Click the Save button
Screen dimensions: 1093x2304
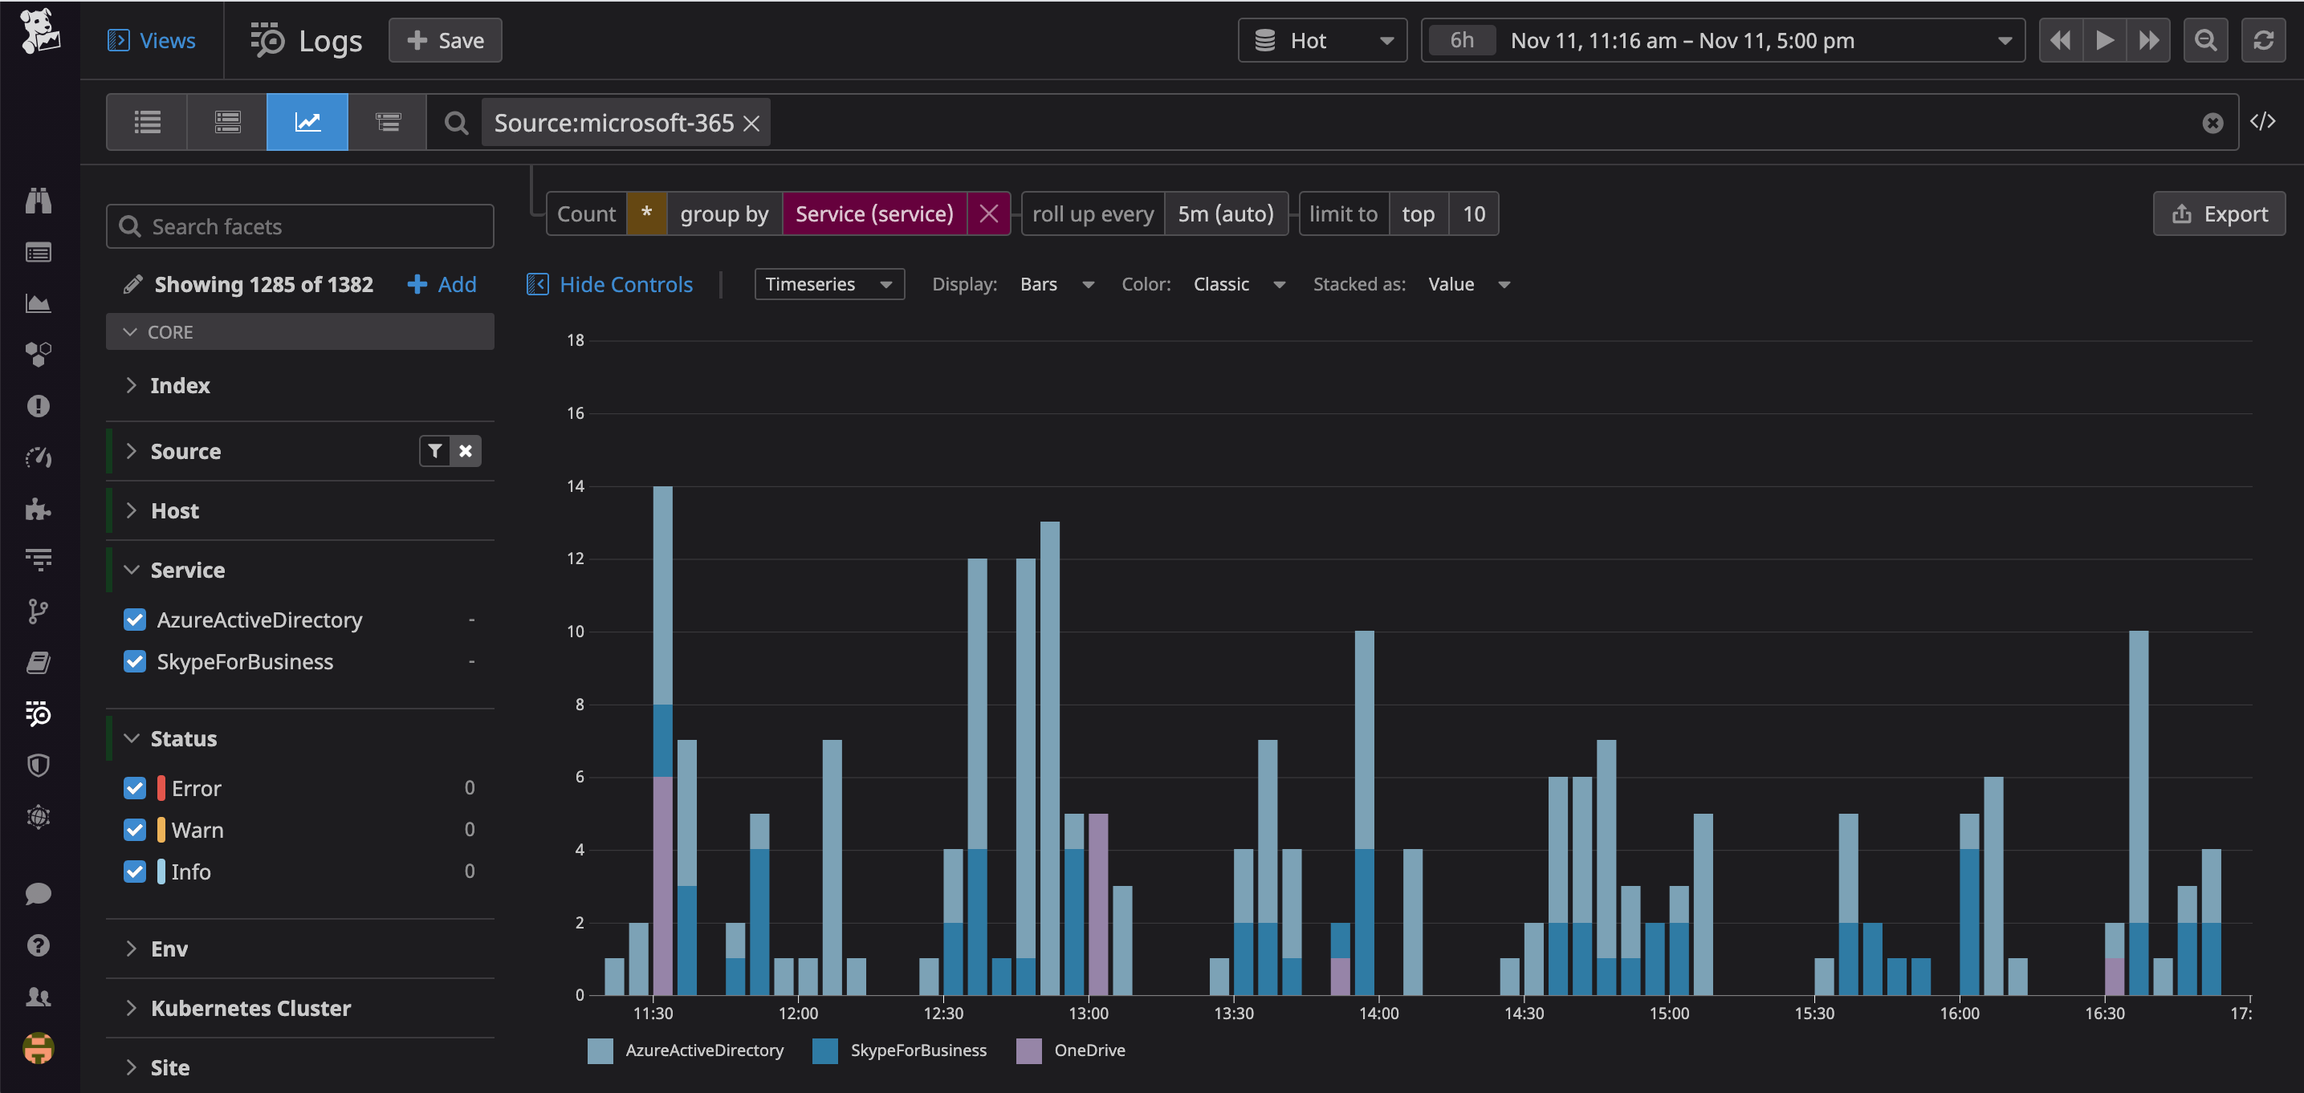pos(445,40)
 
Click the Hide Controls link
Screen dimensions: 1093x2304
pos(625,284)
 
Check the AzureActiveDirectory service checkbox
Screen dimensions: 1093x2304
pos(135,620)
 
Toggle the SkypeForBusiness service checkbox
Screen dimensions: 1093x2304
pos(135,662)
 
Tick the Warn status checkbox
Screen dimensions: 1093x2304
pos(135,830)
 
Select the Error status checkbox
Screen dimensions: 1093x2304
pos(135,788)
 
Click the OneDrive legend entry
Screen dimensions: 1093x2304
pos(1088,1050)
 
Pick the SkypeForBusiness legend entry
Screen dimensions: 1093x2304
pos(918,1050)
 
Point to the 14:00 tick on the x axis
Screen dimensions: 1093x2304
pos(1378,1014)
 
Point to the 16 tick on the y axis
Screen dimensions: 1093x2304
pos(575,413)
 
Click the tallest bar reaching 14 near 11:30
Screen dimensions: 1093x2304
pos(663,608)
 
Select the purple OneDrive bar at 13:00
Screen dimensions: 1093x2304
pos(1098,904)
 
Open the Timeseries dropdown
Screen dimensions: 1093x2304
pos(828,284)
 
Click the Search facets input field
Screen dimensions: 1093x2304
pos(299,226)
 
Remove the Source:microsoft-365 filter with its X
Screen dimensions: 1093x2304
pos(752,124)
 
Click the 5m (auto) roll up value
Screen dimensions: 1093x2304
pos(1225,213)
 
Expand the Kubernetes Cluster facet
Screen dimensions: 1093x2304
pos(250,1008)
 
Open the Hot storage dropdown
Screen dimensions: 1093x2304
pos(1322,40)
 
